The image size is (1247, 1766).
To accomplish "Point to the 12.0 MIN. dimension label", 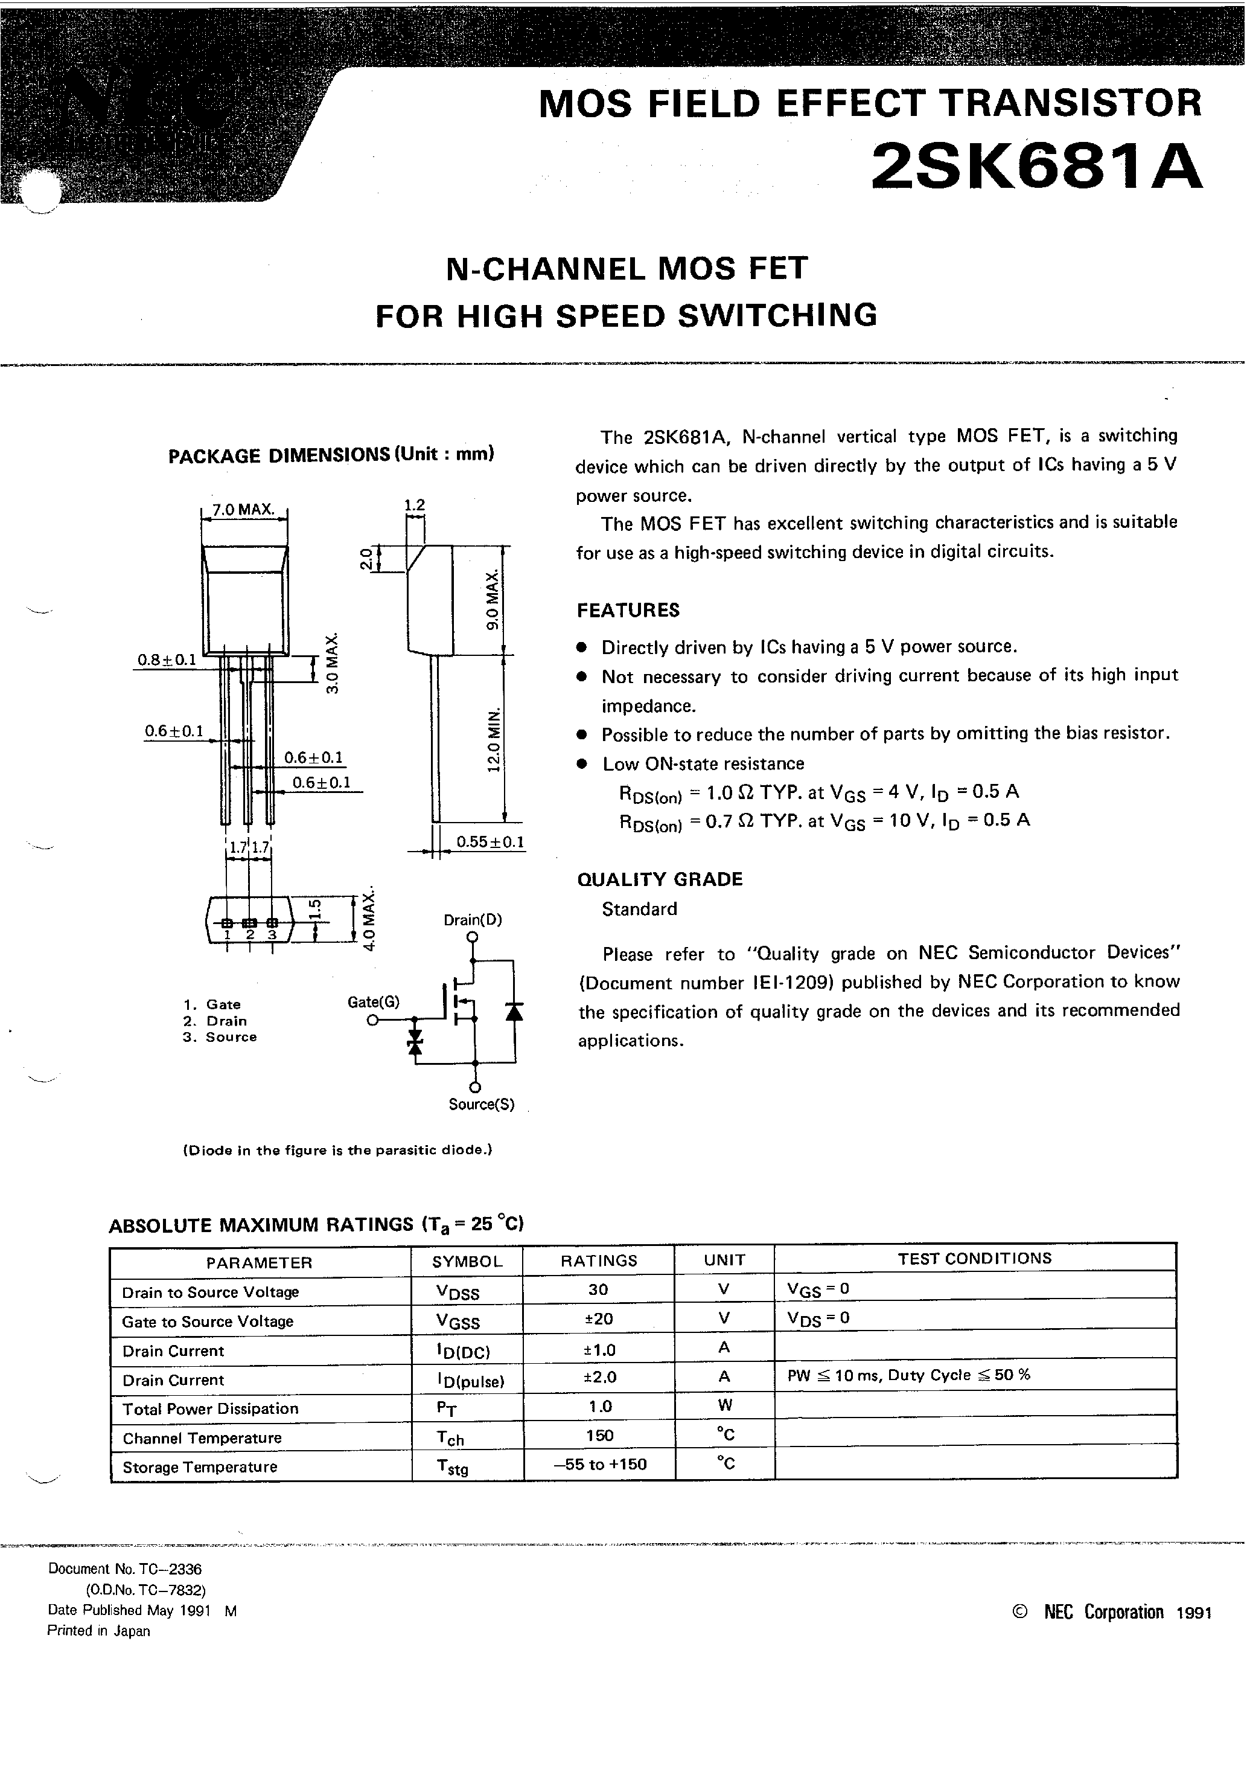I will (x=494, y=739).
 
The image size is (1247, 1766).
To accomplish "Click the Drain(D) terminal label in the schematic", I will (x=472, y=920).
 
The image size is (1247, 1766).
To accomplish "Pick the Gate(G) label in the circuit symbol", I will (x=374, y=1001).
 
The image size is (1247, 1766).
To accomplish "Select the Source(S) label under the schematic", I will (x=481, y=1105).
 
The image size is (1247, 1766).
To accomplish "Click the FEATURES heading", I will (x=628, y=611).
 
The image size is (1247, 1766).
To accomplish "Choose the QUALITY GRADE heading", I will (x=660, y=879).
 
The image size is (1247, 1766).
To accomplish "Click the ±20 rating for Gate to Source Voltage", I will (x=598, y=1318).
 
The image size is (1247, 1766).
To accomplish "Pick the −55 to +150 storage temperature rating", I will (x=600, y=1465).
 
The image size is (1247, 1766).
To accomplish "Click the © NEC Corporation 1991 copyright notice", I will (x=1112, y=1612).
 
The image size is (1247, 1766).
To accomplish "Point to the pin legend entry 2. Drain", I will (x=215, y=1021).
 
